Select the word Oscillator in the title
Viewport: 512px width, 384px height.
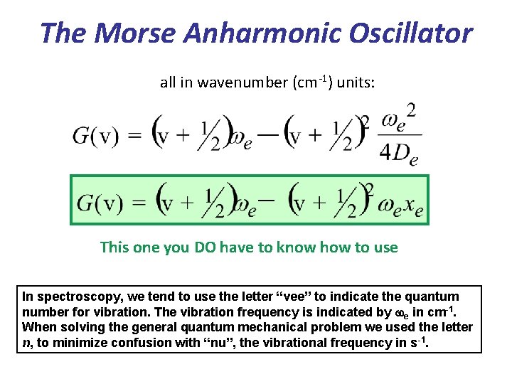(x=402, y=33)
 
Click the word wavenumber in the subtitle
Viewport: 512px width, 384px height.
(x=245, y=83)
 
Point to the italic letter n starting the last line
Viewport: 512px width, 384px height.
(x=26, y=343)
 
